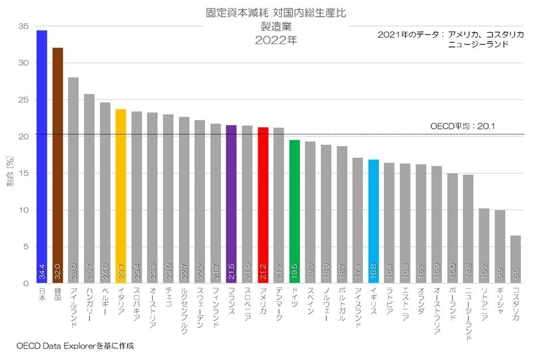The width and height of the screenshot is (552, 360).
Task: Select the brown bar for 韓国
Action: [x=57, y=164]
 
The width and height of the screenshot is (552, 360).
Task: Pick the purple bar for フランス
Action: [x=231, y=204]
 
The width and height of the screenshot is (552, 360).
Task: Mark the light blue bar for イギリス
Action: [x=374, y=221]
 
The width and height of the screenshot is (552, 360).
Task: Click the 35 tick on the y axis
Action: [x=23, y=27]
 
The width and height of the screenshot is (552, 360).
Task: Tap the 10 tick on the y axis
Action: [x=23, y=210]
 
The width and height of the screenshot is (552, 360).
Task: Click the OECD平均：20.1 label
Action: [x=464, y=127]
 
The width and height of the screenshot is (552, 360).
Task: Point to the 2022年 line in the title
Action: [x=276, y=40]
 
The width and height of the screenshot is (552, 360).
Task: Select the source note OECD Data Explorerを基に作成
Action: [x=75, y=345]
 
